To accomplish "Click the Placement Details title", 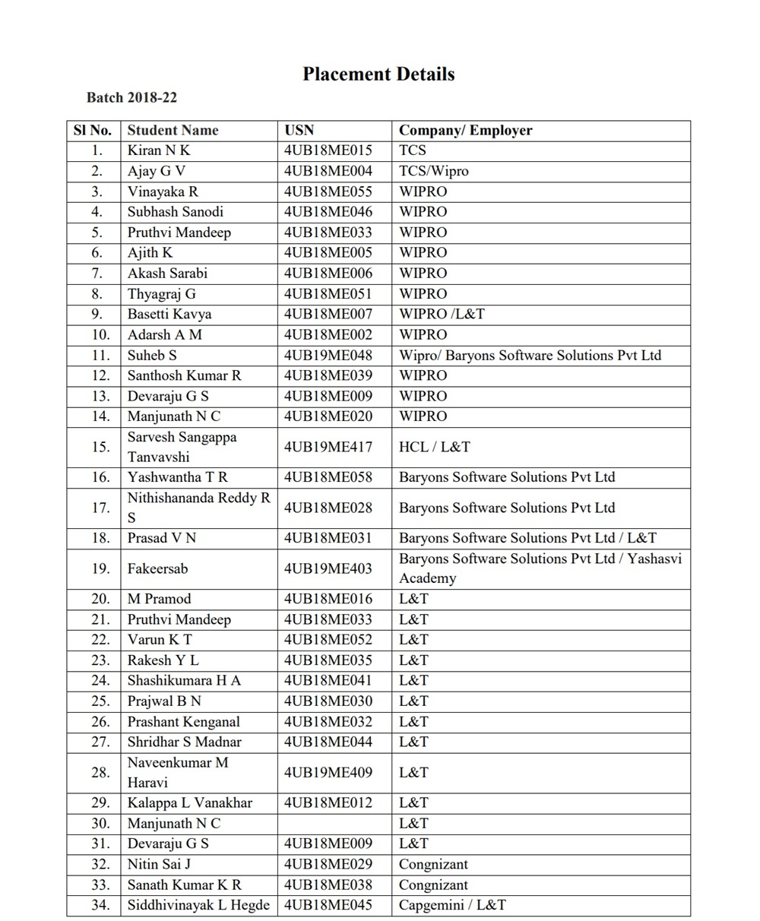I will [x=378, y=74].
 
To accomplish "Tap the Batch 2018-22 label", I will [x=131, y=98].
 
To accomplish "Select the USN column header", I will [x=299, y=131].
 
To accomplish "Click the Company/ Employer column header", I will [x=465, y=131].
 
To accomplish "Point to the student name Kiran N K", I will [x=159, y=150].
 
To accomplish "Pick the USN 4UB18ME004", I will [x=328, y=171].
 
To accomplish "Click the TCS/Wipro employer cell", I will [x=433, y=171].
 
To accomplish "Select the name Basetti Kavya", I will [x=169, y=314].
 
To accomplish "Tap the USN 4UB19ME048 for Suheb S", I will [x=328, y=355].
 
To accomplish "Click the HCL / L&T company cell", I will [x=434, y=447].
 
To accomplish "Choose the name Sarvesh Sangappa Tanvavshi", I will [x=182, y=447].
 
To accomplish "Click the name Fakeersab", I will [x=157, y=568].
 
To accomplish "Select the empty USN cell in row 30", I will [x=334, y=823].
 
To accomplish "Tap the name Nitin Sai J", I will [x=159, y=864].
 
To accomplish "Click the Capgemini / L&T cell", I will [x=452, y=905].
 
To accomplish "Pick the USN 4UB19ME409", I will [x=328, y=773].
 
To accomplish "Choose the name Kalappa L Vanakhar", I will [x=189, y=803].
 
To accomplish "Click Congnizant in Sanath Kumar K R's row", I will [x=433, y=885].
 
